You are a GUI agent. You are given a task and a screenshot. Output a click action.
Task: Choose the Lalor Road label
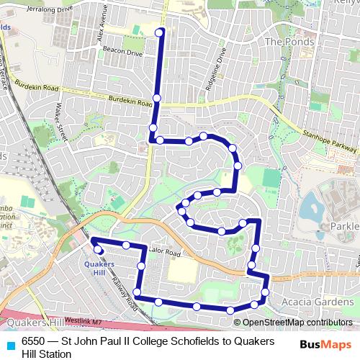click(164, 253)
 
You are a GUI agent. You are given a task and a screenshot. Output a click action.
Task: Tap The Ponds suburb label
click(289, 42)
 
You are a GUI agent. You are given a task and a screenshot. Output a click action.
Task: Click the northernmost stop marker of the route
click(160, 31)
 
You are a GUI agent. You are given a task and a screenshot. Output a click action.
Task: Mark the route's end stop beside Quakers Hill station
click(99, 249)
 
